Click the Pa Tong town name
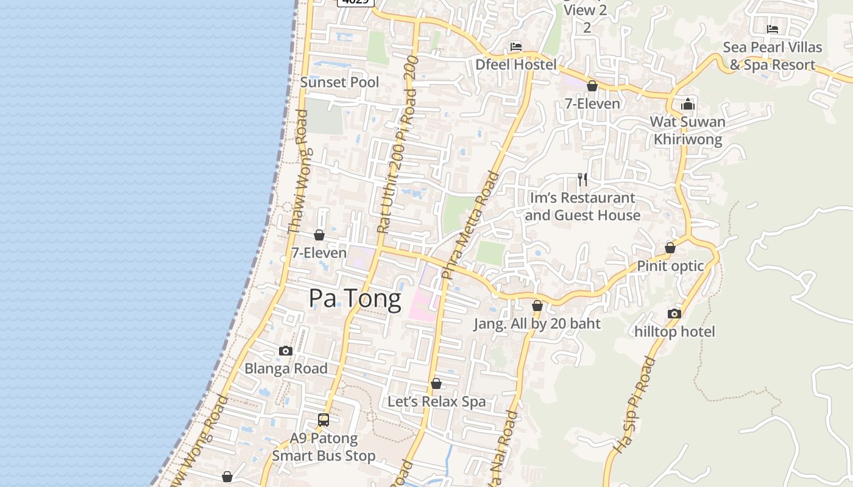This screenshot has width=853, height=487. click(x=355, y=299)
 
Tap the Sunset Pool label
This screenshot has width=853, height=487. click(x=339, y=82)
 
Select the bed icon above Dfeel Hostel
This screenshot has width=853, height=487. click(x=516, y=47)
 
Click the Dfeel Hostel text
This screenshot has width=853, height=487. click(x=515, y=65)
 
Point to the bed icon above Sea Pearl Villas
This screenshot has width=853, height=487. click(x=773, y=29)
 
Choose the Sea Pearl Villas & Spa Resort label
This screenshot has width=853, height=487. click(x=773, y=56)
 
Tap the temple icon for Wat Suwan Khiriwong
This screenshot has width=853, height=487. click(x=688, y=104)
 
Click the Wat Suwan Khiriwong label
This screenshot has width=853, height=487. click(x=688, y=130)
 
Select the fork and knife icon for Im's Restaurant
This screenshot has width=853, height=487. click(x=582, y=179)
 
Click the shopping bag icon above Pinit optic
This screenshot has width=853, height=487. click(x=670, y=248)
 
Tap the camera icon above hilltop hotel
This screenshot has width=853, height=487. click(x=674, y=314)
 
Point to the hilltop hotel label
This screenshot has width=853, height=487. click(x=674, y=332)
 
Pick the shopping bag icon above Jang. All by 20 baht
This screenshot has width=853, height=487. click(x=537, y=306)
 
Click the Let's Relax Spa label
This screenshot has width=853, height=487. click(x=437, y=402)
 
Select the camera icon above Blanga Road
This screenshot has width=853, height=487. click(x=286, y=351)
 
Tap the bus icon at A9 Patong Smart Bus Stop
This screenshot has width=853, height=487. click(x=324, y=420)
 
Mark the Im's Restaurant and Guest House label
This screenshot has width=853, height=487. click(x=582, y=206)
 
